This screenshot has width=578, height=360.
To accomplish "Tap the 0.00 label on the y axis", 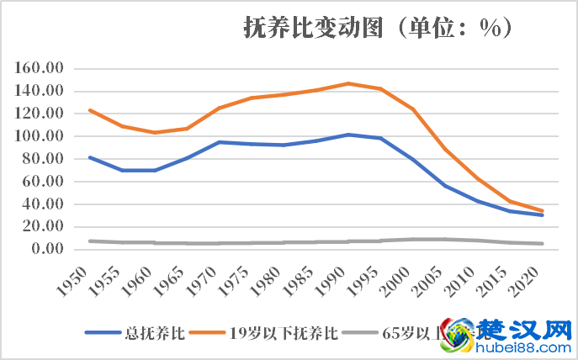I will (47, 249).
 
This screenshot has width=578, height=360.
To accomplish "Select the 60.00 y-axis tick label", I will (45, 182).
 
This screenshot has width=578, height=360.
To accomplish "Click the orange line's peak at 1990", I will (348, 83).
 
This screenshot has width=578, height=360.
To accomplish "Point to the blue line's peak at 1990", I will (348, 135).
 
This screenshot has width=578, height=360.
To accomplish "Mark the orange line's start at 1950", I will (89, 110).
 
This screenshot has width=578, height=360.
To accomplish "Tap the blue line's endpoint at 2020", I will (543, 214).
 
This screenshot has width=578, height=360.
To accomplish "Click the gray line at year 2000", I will (413, 239).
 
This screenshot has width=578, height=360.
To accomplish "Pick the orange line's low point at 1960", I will (154, 132).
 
